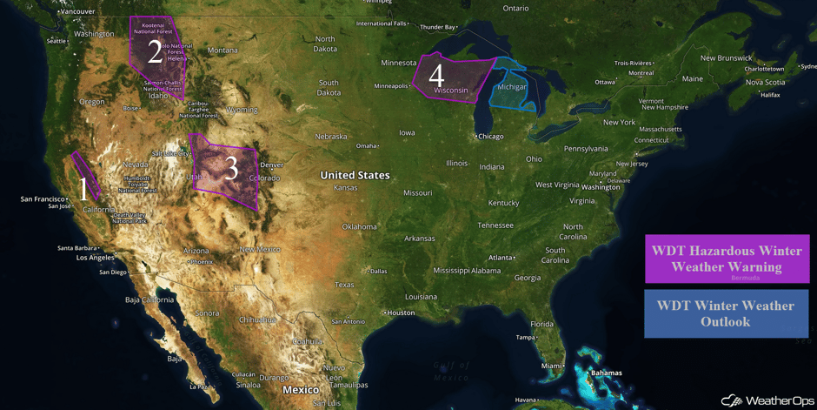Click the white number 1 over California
pyautogui.click(x=83, y=189)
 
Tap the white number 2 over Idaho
pyautogui.click(x=155, y=52)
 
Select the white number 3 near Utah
pyautogui.click(x=231, y=168)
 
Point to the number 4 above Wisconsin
pyautogui.click(x=436, y=75)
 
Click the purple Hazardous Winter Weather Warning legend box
pyautogui.click(x=727, y=259)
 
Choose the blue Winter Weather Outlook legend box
pyautogui.click(x=726, y=313)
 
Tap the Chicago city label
pyautogui.click(x=490, y=137)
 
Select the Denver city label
pyautogui.click(x=272, y=165)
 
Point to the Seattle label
pyautogui.click(x=56, y=41)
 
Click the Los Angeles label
pyautogui.click(x=95, y=258)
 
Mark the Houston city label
pyautogui.click(x=401, y=313)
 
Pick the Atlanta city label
pyautogui.click(x=500, y=258)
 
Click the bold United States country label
pyautogui.click(x=355, y=175)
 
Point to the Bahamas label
pyautogui.click(x=606, y=373)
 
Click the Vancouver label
pyautogui.click(x=78, y=11)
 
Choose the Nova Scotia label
pyautogui.click(x=764, y=82)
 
